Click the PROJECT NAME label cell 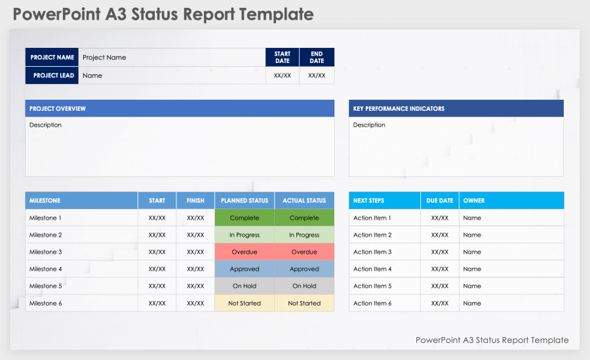click(52, 57)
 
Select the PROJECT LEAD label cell click(52, 75)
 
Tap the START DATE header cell click(282, 57)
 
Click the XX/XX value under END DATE click(317, 75)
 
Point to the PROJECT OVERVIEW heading click(58, 109)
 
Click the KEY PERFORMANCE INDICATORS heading click(399, 109)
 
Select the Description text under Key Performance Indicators click(369, 125)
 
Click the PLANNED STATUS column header click(244, 201)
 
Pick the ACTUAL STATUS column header click(304, 201)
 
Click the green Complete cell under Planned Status click(244, 218)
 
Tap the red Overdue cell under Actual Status click(304, 252)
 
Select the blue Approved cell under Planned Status click(244, 269)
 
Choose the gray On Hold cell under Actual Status click(304, 286)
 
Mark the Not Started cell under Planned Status click(244, 303)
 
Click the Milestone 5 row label click(46, 286)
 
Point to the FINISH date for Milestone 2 click(195, 235)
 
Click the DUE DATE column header click(439, 201)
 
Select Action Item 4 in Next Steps click(372, 269)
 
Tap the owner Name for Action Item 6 click(472, 303)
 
